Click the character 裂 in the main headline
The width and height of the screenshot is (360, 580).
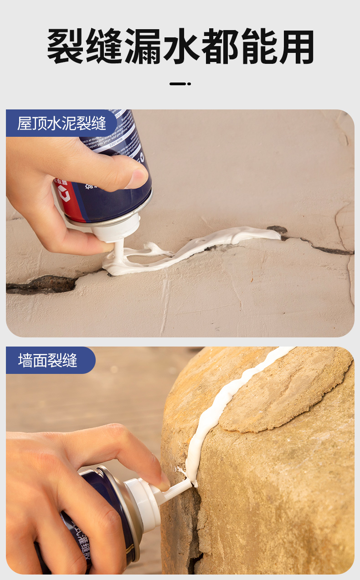pos(66,47)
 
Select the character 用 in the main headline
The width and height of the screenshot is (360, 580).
pos(296,47)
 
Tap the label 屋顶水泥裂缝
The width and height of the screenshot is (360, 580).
pos(62,124)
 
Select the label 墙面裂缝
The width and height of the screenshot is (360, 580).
pos(48,360)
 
